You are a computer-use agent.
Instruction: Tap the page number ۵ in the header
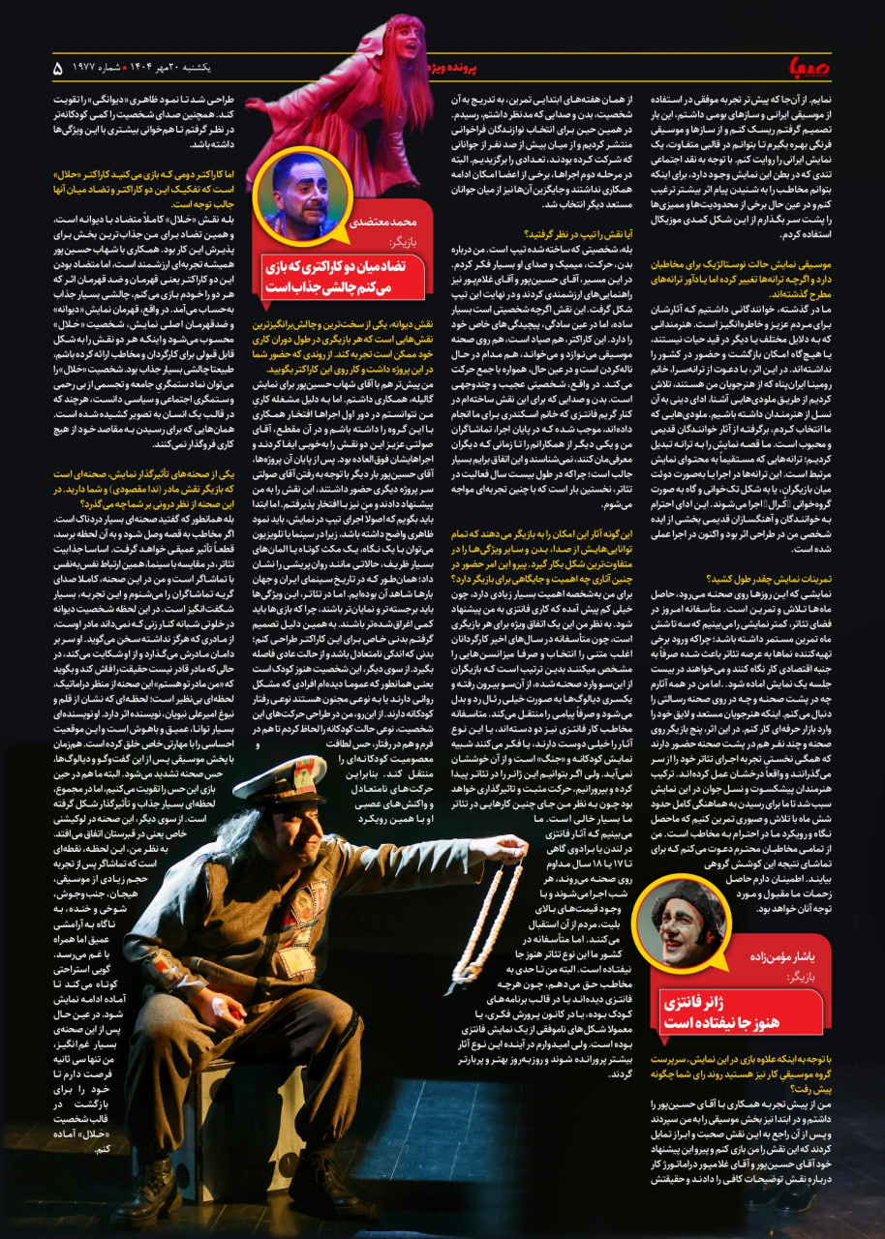(x=57, y=69)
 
